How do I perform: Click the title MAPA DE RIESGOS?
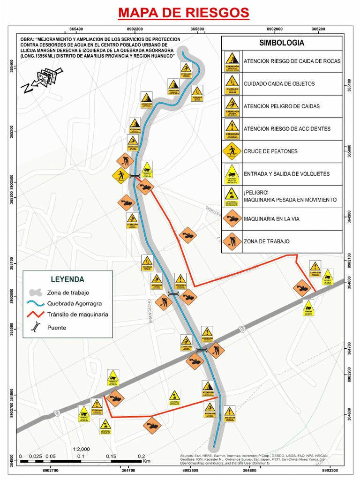click(183, 12)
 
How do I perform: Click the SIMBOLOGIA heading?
click(282, 43)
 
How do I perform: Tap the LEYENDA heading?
click(67, 279)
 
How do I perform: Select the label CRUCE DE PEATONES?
click(270, 151)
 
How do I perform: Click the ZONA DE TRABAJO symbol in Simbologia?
click(232, 241)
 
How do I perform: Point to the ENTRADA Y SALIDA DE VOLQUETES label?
click(286, 174)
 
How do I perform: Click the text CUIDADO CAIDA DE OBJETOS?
click(279, 84)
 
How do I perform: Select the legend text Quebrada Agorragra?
click(74, 303)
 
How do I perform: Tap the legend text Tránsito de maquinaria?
click(77, 315)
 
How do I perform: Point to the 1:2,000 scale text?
click(81, 449)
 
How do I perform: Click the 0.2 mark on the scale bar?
click(141, 456)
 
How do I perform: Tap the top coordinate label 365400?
click(76, 29)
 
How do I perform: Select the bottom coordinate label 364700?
click(128, 470)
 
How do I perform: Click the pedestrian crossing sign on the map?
click(120, 175)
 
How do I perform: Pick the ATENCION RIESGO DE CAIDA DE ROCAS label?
click(292, 61)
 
